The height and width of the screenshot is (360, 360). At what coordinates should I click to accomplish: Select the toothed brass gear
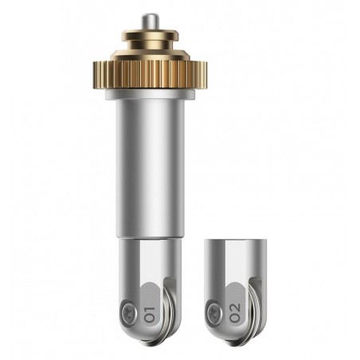(x=150, y=75)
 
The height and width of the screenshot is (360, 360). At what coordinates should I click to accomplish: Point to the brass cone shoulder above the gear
(x=150, y=54)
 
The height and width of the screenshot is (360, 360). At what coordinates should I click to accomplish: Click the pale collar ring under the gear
(x=151, y=95)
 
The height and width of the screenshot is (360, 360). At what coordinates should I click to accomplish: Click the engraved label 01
(x=149, y=315)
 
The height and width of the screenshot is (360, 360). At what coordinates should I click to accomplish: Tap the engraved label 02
(x=235, y=313)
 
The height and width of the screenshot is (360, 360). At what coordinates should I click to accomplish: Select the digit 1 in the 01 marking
(x=149, y=310)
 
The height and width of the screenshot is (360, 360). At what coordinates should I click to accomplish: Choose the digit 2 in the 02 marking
(x=235, y=307)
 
